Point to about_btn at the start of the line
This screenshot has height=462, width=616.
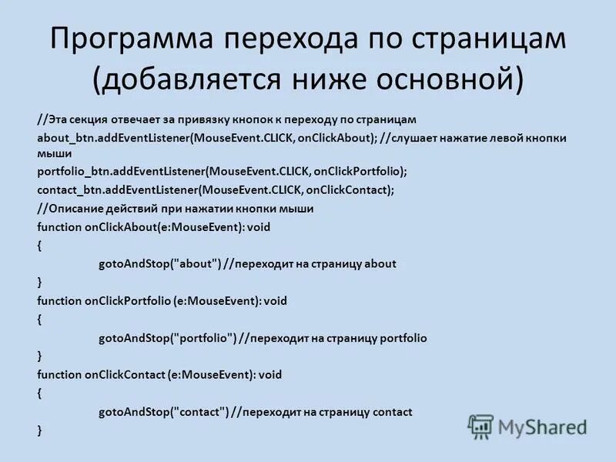(x=65, y=138)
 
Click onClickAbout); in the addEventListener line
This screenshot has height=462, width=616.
(x=336, y=138)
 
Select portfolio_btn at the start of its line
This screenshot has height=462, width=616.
(x=69, y=171)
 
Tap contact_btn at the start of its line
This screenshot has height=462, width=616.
(x=68, y=189)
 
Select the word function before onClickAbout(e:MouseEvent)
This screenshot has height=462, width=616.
(x=59, y=226)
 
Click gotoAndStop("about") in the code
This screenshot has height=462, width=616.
(x=159, y=263)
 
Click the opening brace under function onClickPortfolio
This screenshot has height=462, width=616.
(x=39, y=319)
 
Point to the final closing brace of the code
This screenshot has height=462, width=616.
(x=39, y=430)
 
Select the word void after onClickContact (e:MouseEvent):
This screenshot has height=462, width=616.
(x=270, y=375)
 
